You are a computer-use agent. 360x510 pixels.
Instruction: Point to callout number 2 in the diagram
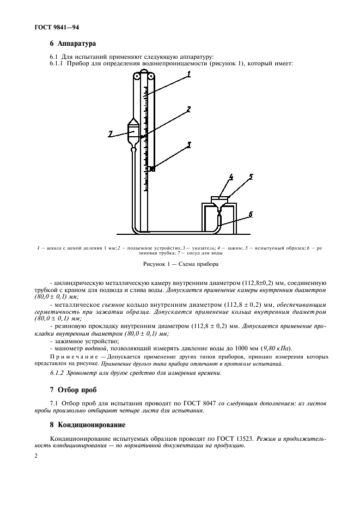pyautogui.click(x=188, y=109)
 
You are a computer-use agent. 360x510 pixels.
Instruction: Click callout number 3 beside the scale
pyautogui.click(x=189, y=144)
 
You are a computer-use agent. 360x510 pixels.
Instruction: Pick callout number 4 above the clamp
pyautogui.click(x=231, y=177)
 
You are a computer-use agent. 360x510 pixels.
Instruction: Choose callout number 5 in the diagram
pyautogui.click(x=251, y=177)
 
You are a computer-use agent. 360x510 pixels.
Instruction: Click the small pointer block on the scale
pyautogui.click(x=152, y=169)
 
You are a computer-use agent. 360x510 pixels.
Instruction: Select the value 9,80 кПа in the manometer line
pyautogui.click(x=278, y=348)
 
